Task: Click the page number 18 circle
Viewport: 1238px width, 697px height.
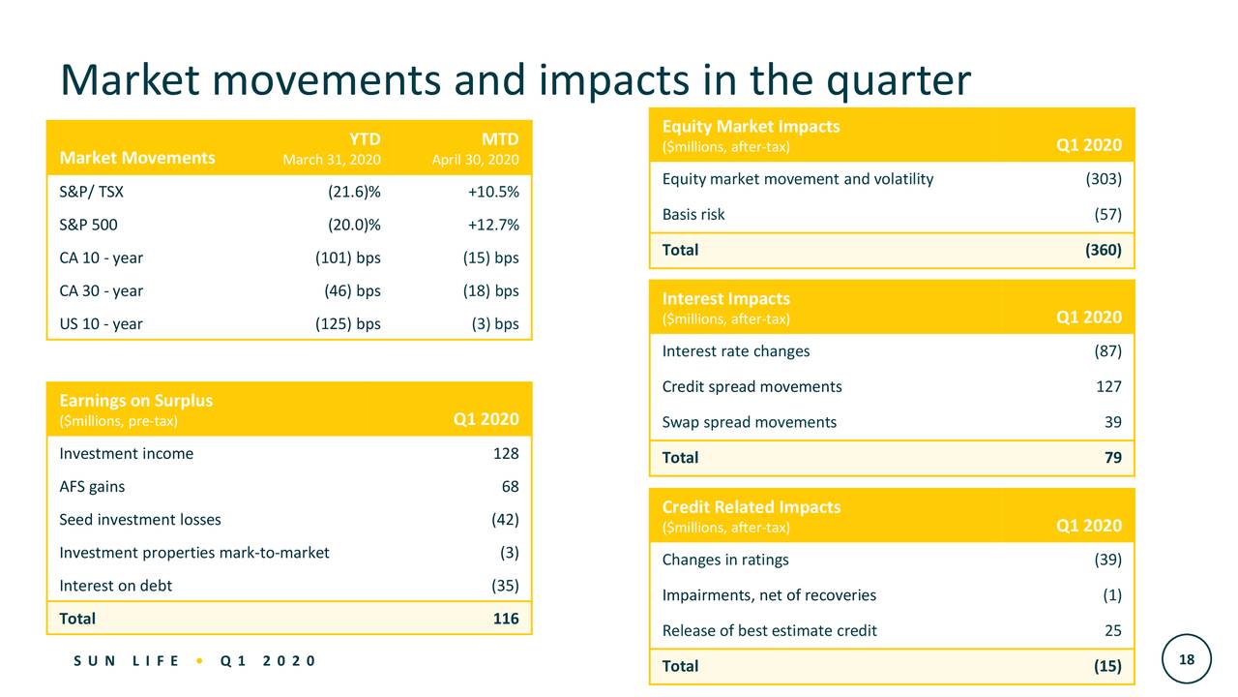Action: pyautogui.click(x=1187, y=659)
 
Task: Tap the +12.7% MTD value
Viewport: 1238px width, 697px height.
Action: pyautogui.click(x=493, y=225)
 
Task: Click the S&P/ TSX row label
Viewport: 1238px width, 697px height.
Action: pyautogui.click(x=91, y=192)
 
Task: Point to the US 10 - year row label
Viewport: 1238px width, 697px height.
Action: pyautogui.click(x=101, y=323)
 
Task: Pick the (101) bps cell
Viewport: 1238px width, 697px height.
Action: pyautogui.click(x=348, y=258)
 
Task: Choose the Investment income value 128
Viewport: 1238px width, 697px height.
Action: pyautogui.click(x=505, y=453)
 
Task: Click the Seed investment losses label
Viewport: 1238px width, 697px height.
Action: pyautogui.click(x=140, y=519)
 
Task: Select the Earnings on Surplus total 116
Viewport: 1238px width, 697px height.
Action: pyautogui.click(x=505, y=618)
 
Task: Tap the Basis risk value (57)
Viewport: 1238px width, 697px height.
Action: pyautogui.click(x=1104, y=214)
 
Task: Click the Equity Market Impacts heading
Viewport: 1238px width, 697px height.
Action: pyautogui.click(x=751, y=126)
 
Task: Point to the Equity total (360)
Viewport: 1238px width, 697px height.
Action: pyautogui.click(x=1103, y=250)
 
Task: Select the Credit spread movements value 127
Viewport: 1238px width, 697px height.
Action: pyautogui.click(x=1108, y=386)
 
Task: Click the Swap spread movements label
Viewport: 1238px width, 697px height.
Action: pyautogui.click(x=750, y=421)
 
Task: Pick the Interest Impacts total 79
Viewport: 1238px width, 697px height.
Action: pyautogui.click(x=1112, y=457)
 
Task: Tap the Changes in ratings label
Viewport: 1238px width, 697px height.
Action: pyautogui.click(x=725, y=560)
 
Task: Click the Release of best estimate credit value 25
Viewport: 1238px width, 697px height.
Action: pyautogui.click(x=1112, y=630)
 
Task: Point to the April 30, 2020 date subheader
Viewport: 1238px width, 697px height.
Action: pyautogui.click(x=475, y=160)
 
